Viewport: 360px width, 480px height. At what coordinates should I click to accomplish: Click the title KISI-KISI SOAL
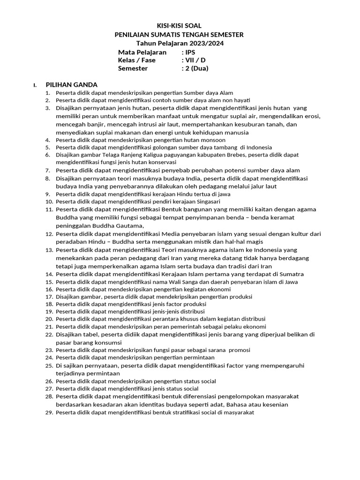click(x=179, y=26)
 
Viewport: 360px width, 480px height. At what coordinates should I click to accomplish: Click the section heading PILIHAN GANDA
click(x=71, y=85)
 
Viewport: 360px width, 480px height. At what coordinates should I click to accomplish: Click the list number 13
click(x=49, y=250)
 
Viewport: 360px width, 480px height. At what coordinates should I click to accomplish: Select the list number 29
click(x=49, y=412)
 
